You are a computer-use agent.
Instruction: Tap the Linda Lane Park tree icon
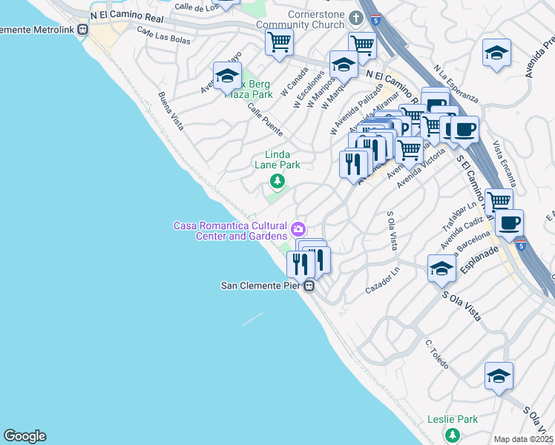click(x=277, y=180)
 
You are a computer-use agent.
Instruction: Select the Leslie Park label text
click(x=453, y=419)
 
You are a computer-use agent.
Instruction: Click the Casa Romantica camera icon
click(x=298, y=228)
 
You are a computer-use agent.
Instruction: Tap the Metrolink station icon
click(x=82, y=30)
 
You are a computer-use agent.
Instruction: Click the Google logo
click(x=24, y=436)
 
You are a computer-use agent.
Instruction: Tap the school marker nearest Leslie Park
click(x=499, y=376)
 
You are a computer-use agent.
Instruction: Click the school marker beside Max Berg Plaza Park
click(x=227, y=76)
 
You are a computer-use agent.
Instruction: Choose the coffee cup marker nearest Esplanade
click(x=510, y=222)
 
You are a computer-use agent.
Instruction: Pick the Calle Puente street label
click(x=265, y=118)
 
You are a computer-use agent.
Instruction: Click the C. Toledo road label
click(x=437, y=354)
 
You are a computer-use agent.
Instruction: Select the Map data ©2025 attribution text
click(x=524, y=439)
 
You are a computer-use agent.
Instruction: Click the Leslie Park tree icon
click(x=450, y=435)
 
